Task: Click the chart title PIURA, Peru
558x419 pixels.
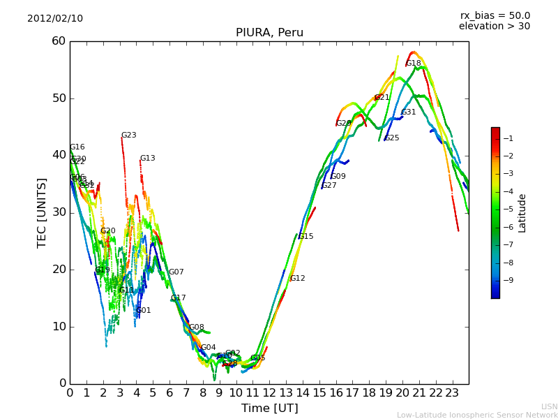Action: point(269,33)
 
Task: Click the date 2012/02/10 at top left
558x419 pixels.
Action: point(55,18)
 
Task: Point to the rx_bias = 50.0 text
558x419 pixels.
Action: point(495,15)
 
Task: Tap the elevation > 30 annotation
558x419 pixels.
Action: point(494,27)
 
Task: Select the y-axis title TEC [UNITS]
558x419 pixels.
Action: point(43,212)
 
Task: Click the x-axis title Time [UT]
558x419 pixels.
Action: point(269,409)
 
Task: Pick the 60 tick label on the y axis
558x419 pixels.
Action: point(59,41)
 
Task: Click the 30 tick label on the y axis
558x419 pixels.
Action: point(59,212)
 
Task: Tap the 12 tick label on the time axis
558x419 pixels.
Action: point(269,393)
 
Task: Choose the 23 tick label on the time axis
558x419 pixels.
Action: point(452,393)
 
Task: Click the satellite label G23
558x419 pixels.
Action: point(129,135)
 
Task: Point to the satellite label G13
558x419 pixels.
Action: point(148,159)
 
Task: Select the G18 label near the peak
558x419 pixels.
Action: point(414,64)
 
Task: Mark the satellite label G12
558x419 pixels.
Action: point(298,279)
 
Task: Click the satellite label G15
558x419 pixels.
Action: point(306,237)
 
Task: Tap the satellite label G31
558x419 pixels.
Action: point(409,112)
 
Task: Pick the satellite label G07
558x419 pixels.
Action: point(176,272)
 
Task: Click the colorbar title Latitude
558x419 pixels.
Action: point(522,213)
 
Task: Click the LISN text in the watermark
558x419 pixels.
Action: point(550,406)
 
